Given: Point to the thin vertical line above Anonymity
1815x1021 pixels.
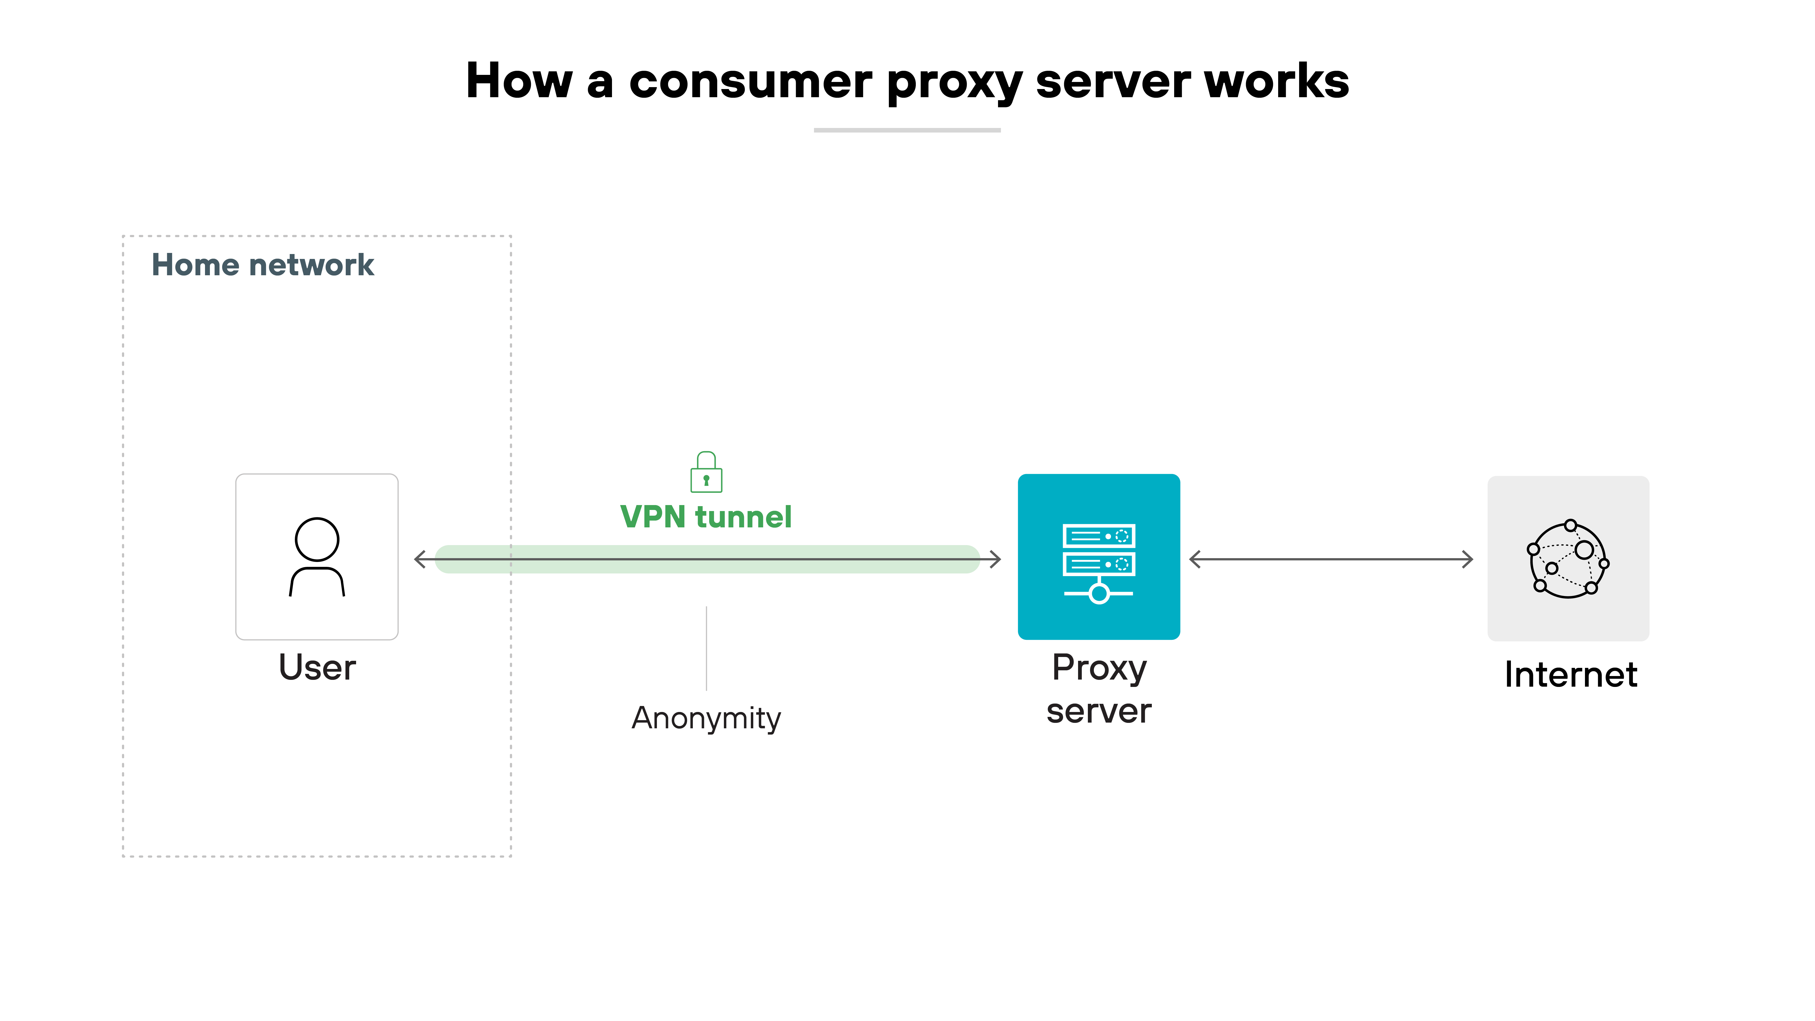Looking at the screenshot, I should [706, 648].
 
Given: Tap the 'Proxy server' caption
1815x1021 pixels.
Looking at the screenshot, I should [1098, 688].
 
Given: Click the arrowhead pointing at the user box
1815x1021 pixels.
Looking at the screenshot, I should [421, 560].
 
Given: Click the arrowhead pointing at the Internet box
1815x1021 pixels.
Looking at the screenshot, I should [1467, 560].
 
